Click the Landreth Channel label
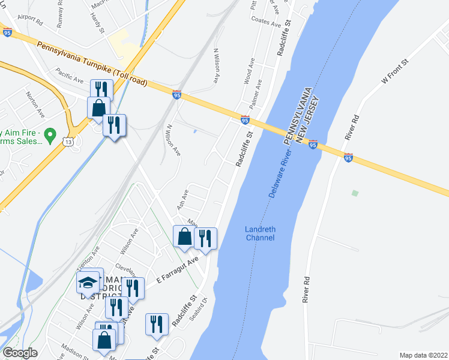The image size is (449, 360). [x=259, y=233]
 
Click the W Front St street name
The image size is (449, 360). [x=394, y=71]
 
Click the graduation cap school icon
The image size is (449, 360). [x=88, y=282]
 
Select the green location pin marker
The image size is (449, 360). [x=50, y=134]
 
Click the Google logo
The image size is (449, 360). [x=20, y=353]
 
